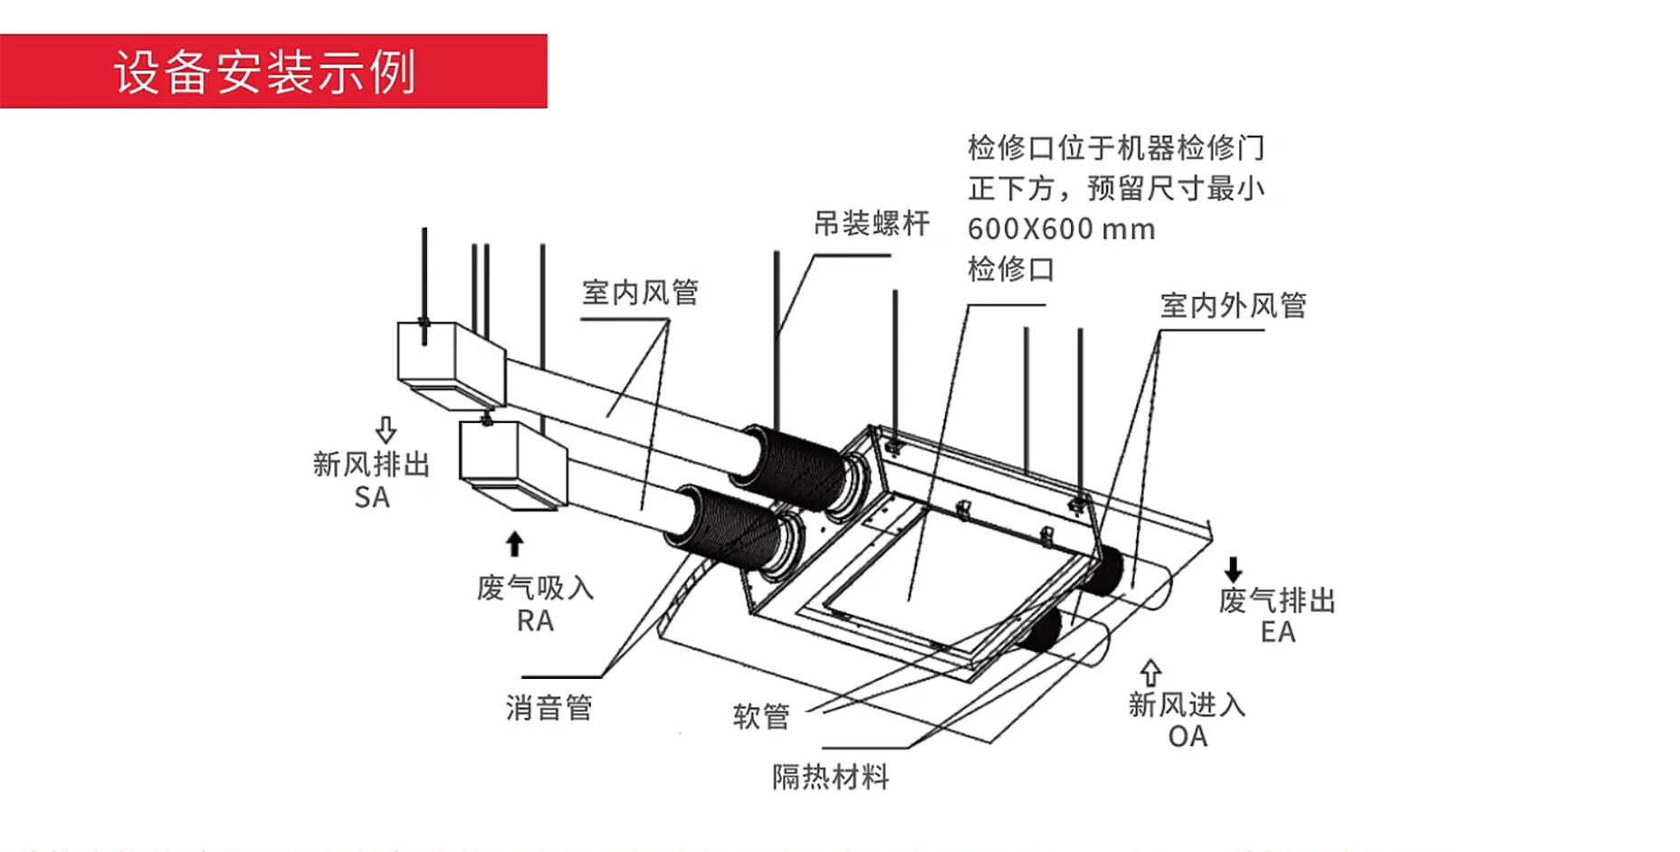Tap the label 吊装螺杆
[871, 224]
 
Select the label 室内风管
[640, 292]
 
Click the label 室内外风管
[1233, 306]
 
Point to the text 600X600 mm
[1061, 229]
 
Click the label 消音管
[549, 707]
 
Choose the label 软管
[760, 716]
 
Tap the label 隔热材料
[830, 776]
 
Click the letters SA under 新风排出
[372, 497]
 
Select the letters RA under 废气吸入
[535, 621]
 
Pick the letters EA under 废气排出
[1277, 632]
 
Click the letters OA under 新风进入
[1187, 736]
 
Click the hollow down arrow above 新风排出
[386, 428]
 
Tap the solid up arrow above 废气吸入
[514, 543]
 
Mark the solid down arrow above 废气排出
[1233, 570]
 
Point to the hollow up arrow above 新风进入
[1150, 672]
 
